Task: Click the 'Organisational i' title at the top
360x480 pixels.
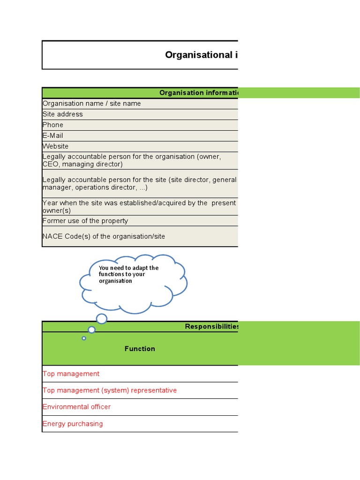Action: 201,55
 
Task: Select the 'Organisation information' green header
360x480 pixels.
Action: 198,92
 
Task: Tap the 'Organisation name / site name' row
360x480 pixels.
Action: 92,104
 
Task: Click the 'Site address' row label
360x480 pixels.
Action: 63,114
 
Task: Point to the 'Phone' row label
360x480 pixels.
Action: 53,125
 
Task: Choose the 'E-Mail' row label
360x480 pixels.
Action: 53,135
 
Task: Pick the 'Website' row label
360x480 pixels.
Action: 56,146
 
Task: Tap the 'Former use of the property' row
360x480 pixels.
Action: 85,221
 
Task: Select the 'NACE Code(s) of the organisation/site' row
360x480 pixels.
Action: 104,236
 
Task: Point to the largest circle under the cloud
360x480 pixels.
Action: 101,319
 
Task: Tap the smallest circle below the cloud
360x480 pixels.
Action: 84,338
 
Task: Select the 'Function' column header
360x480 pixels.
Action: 140,348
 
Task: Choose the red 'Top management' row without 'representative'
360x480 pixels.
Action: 71,374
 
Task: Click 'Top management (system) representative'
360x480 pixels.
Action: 110,390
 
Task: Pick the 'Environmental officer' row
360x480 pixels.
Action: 77,407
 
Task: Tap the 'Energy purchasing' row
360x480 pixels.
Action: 73,424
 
